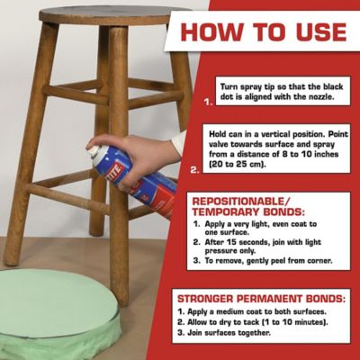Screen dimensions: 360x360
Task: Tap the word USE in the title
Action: coord(314,32)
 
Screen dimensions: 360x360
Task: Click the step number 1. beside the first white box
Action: coord(208,103)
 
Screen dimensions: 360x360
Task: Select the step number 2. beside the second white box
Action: coord(196,166)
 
